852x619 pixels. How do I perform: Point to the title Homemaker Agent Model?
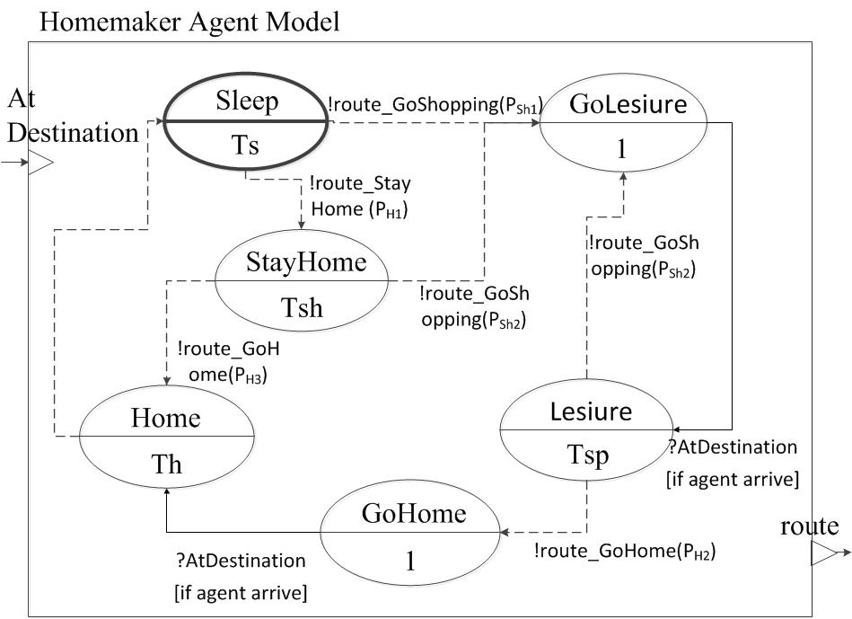point(189,22)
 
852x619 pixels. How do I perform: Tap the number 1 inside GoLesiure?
point(621,148)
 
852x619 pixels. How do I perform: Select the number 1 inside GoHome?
point(410,562)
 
